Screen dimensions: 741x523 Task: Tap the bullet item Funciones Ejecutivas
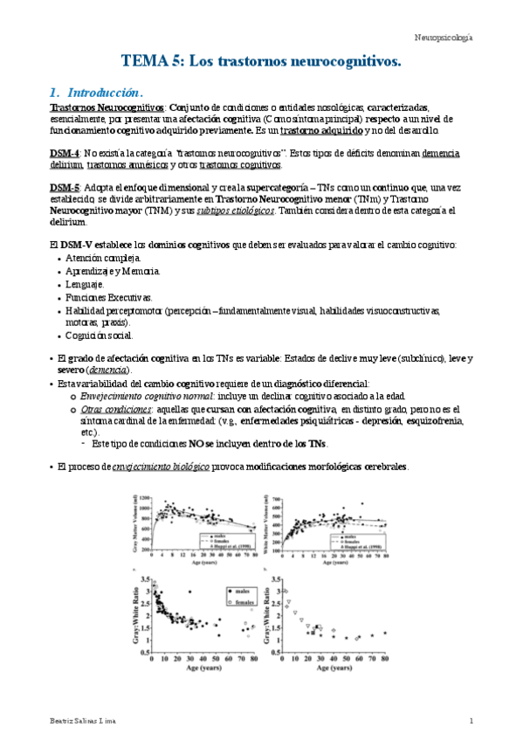point(109,297)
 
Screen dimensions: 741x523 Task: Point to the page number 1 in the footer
point(471,720)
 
